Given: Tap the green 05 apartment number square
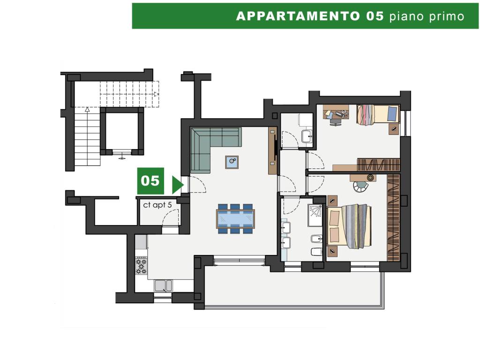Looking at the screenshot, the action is pos(150,181).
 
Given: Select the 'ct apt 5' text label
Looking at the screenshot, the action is pos(157,205).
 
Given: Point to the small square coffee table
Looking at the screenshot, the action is pos(232,162).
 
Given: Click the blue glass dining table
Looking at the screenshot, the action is pos(235,218).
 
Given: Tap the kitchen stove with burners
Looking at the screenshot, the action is pos(141,265).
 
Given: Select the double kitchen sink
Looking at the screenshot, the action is pos(163,285).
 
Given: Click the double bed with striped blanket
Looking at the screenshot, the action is pos(349,226).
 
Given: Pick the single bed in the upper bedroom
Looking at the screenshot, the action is pos(378,114).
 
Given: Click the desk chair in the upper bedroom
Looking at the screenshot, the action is pos(335,121).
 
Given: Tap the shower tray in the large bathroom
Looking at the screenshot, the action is pos(315,215).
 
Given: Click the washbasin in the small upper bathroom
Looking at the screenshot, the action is pos(307,136).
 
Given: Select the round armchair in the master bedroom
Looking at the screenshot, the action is pos(360,186).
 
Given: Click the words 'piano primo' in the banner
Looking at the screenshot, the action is pos(427,16).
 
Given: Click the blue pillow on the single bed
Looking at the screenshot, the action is pos(392,113).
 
